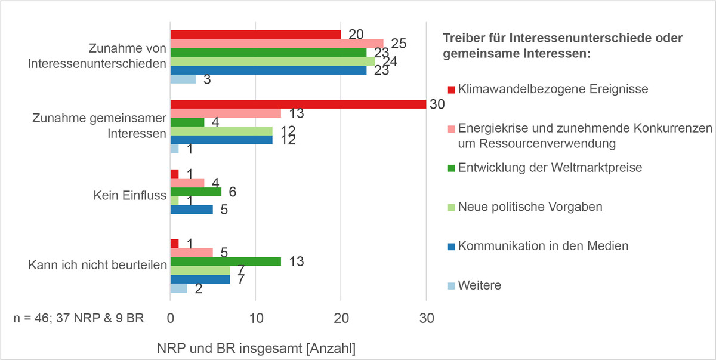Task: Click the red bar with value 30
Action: [298, 104]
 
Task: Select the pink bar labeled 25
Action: [277, 43]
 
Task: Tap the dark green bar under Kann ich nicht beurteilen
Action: [226, 261]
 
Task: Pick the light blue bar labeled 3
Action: [183, 79]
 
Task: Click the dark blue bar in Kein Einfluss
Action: [192, 210]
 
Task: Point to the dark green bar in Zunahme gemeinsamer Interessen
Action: [187, 122]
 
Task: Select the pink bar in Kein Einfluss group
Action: [187, 182]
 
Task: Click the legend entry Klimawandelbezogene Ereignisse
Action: [553, 89]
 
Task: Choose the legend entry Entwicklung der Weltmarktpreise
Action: [550, 168]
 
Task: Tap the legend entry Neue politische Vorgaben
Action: [530, 207]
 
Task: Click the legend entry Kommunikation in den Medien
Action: [543, 246]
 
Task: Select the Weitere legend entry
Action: [479, 285]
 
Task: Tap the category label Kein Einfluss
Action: [129, 196]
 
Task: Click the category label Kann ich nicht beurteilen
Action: [97, 265]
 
